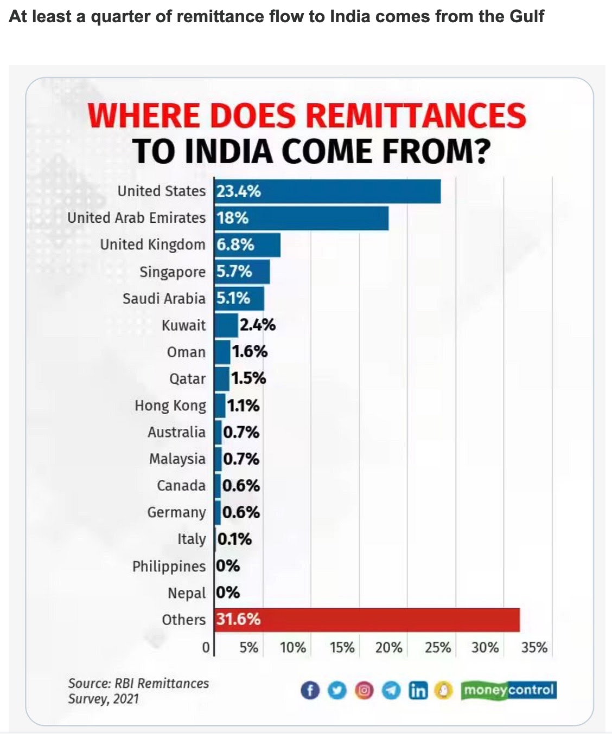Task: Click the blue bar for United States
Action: [x=328, y=191]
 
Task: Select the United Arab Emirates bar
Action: [x=302, y=218]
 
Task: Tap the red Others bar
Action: [x=367, y=620]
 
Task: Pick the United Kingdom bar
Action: [x=247, y=245]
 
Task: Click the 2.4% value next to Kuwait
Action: [x=258, y=325]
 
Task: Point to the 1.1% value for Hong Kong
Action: [x=243, y=405]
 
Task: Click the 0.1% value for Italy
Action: [x=235, y=539]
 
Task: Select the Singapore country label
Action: [x=173, y=272]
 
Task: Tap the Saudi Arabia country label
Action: [x=164, y=299]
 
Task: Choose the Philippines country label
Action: [x=169, y=566]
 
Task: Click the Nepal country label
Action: [x=187, y=593]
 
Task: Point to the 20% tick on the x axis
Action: [x=388, y=648]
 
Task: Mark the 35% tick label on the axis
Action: [x=534, y=648]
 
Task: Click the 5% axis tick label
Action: [x=249, y=648]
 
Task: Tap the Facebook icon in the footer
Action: [x=310, y=690]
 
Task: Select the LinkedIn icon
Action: [x=418, y=690]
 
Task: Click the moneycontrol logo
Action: [x=508, y=690]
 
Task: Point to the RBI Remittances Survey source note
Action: [x=138, y=691]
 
